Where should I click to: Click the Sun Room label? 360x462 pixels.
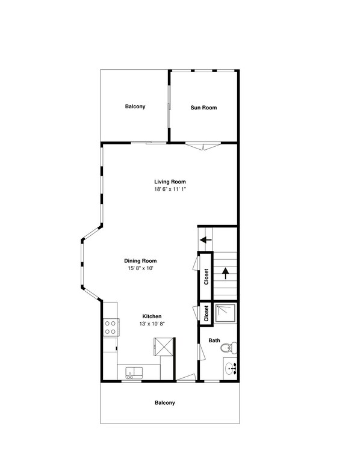click(203, 108)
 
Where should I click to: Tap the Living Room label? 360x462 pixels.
click(170, 182)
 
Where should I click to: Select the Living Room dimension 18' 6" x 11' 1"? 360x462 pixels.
click(170, 189)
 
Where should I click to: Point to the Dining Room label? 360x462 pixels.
click(144, 260)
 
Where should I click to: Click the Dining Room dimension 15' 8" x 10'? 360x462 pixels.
click(144, 268)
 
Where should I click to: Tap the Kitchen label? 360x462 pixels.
click(152, 316)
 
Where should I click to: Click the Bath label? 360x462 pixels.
click(214, 340)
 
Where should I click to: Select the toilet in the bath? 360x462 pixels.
click(229, 348)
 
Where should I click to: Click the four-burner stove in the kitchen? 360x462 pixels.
click(110, 327)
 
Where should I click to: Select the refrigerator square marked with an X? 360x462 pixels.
click(164, 347)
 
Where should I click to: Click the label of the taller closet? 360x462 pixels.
click(206, 277)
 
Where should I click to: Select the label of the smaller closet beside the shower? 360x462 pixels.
click(206, 314)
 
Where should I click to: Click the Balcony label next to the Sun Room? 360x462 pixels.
click(135, 107)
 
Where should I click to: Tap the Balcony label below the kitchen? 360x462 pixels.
click(164, 403)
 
